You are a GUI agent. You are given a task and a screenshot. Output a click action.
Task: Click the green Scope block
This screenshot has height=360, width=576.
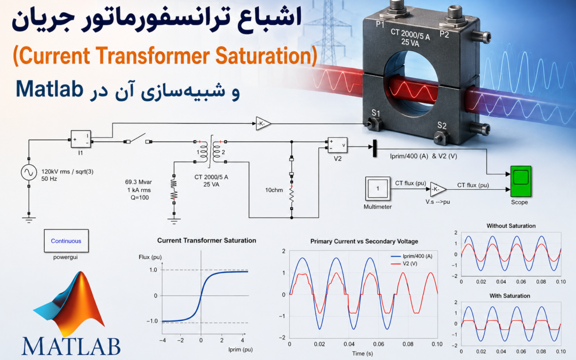[x=521, y=181]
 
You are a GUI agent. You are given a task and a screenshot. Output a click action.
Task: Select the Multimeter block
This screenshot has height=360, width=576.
[x=378, y=189]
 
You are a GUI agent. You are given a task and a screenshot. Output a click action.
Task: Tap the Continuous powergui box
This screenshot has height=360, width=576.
[x=66, y=241]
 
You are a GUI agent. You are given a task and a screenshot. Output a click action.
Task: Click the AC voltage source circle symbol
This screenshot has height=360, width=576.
[x=29, y=172]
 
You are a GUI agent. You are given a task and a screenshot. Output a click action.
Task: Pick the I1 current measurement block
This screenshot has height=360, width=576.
[x=81, y=139]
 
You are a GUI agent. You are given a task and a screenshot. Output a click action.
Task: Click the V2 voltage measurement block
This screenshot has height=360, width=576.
[x=338, y=146]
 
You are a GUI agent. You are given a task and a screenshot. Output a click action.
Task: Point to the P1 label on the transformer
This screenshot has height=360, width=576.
[x=380, y=25]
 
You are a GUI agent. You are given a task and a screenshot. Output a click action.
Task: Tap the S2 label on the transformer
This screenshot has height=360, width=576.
[x=442, y=125]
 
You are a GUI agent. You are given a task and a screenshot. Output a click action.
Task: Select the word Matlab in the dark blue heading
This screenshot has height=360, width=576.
[x=49, y=89]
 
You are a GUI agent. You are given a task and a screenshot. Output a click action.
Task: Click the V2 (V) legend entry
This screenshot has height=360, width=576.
[x=404, y=264]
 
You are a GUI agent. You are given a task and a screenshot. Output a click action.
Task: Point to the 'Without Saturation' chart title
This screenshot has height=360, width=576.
[x=511, y=226]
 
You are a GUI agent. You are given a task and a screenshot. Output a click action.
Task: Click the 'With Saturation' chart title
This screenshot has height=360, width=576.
[x=510, y=295]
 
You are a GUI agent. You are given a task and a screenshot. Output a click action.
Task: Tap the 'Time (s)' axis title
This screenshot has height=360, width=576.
[x=363, y=354]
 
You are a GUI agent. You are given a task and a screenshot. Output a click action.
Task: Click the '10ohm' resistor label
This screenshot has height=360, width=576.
[x=274, y=190]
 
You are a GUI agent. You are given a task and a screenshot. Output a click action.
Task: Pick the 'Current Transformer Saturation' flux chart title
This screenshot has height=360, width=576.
[x=206, y=241]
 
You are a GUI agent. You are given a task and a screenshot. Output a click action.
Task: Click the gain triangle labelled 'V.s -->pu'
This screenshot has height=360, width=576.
[x=438, y=189]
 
